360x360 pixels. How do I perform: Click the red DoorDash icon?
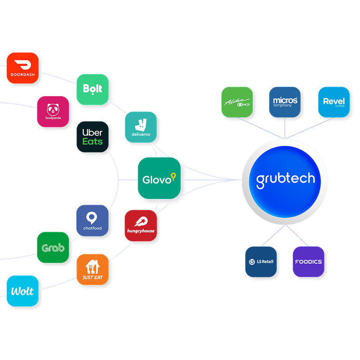click(x=22, y=68)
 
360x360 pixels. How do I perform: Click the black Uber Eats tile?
click(x=92, y=137)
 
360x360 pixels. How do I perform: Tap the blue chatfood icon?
click(x=92, y=220)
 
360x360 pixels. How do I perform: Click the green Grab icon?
click(x=53, y=247)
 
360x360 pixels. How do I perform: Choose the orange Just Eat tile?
click(x=92, y=269)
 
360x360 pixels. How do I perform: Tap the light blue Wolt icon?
click(x=22, y=291)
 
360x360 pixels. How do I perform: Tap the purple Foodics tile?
click(x=308, y=261)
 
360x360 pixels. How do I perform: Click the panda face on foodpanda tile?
click(x=53, y=108)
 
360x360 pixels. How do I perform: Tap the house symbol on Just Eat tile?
click(x=92, y=265)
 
